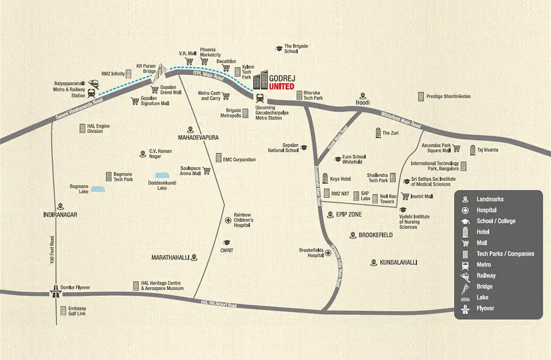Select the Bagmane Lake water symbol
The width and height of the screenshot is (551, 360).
(98, 190)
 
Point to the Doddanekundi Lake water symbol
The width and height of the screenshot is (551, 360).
(162, 175)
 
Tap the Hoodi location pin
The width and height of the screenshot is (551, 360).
(363, 96)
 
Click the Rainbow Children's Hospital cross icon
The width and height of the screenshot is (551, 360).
(228, 220)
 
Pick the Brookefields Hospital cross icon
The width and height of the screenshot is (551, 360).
(328, 253)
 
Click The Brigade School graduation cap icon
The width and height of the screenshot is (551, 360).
(277, 49)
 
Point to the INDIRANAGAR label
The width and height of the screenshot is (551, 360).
(60, 215)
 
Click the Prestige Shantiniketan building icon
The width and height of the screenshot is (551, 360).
(420, 97)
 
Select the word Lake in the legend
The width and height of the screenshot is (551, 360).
(482, 298)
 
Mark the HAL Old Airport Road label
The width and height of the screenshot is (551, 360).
(219, 304)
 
